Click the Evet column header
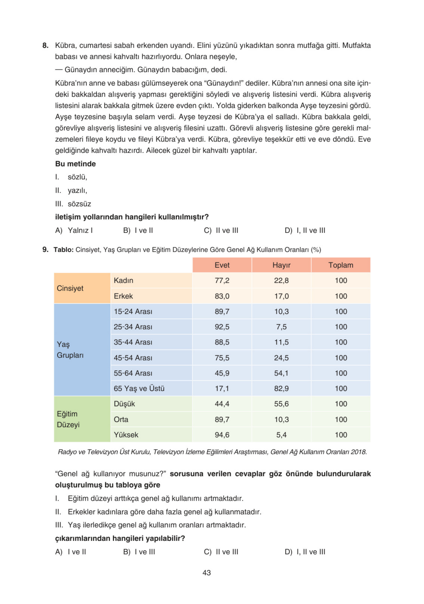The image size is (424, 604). coord(222,265)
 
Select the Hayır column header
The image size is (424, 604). coord(281,265)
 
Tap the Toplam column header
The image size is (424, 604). coord(340,265)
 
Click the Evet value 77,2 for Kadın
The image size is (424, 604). coord(222,280)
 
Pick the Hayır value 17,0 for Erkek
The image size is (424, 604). coord(281,296)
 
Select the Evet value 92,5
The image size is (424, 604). coord(222,327)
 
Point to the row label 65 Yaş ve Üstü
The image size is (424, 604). coord(139,388)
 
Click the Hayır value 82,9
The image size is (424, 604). coord(281,388)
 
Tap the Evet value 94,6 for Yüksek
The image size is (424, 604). coord(222,435)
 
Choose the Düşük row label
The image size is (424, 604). coord(124,404)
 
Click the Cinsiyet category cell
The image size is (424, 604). coord(70,288)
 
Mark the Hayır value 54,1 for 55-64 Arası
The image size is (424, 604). coord(281,373)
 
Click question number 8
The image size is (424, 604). coord(45,46)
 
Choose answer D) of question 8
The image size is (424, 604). coord(305,230)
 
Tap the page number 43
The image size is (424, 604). coord(207,573)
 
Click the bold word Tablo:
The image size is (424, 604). coord(63,250)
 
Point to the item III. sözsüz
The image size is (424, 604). coord(73,204)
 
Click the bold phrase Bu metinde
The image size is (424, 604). coord(75,164)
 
